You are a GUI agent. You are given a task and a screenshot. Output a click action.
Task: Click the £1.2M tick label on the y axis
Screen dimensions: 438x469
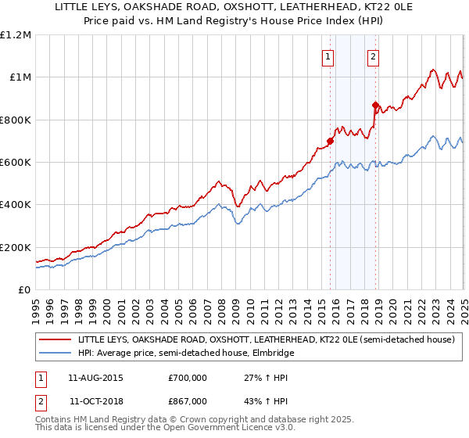coord(16,34)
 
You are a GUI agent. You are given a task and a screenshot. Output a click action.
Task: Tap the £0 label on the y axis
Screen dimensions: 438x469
coord(24,289)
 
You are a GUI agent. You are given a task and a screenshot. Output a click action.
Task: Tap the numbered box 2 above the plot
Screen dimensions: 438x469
coord(374,56)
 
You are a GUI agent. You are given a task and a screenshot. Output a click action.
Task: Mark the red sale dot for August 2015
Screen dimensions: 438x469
coord(330,141)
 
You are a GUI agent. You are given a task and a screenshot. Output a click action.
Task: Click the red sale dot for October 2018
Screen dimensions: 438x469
coord(375,105)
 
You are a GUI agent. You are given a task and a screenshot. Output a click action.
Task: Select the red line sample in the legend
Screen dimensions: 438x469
coord(55,339)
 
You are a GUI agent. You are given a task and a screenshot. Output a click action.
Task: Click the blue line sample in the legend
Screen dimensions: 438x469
coord(55,353)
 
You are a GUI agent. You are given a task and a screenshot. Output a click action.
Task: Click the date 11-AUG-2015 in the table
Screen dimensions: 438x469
coord(91,378)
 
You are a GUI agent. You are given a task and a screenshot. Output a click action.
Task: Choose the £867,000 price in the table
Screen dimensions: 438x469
coord(188,400)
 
